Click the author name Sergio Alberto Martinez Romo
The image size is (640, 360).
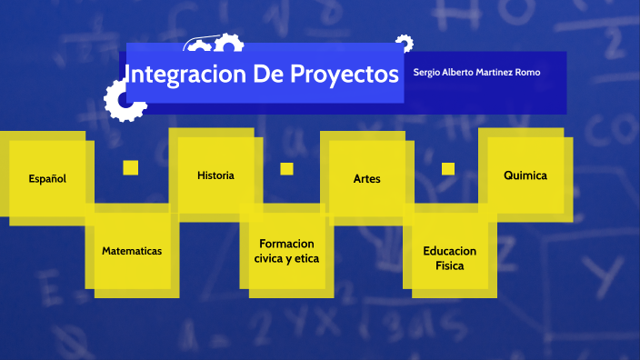click(476, 72)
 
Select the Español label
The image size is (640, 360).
click(47, 178)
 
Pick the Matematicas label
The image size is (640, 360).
click(132, 250)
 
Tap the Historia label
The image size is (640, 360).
click(215, 175)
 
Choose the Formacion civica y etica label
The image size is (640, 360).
click(286, 251)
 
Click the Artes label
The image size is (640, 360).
click(366, 179)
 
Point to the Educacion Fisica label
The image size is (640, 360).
click(449, 258)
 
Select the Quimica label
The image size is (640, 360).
click(525, 175)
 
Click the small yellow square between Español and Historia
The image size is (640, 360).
click(130, 167)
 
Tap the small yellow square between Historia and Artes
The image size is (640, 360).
click(286, 168)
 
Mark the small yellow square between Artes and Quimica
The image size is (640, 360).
click(447, 168)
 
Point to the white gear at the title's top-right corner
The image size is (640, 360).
click(404, 43)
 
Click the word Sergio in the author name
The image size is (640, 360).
click(426, 72)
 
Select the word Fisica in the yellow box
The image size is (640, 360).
click(449, 266)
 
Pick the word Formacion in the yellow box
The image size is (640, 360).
click(286, 244)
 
